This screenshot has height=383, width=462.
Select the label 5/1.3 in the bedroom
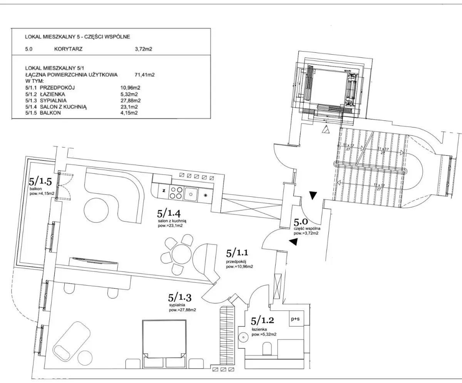180,298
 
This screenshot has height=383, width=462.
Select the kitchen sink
190,193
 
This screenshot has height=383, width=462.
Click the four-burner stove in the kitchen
176,192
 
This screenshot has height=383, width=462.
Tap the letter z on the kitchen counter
163,190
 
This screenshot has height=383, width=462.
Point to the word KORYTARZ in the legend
69,49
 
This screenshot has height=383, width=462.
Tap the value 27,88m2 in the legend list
130,100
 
